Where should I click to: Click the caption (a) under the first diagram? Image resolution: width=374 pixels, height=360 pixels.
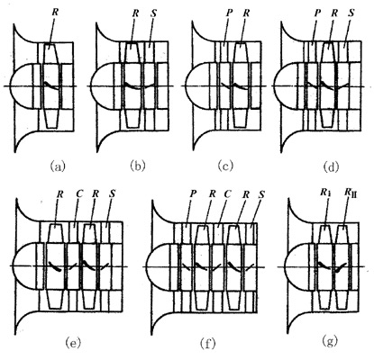(x=58, y=166)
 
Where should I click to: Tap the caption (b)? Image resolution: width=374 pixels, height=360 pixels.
(x=138, y=166)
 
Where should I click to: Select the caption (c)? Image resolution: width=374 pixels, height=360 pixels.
(x=226, y=166)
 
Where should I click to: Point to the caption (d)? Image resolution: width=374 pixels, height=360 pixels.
(x=331, y=166)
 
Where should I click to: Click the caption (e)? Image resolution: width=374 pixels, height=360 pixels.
(x=73, y=342)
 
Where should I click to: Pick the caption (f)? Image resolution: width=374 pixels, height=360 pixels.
(x=208, y=342)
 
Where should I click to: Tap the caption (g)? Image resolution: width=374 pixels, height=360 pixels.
(x=330, y=341)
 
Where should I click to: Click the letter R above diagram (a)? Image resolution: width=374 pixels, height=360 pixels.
(x=55, y=13)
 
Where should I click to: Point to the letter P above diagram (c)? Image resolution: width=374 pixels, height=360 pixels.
(x=227, y=13)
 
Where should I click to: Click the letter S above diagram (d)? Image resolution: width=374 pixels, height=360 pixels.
(x=351, y=13)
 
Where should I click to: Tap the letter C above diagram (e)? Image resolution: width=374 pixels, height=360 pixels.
(x=78, y=193)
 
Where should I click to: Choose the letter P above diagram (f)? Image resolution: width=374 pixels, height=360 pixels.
(x=193, y=193)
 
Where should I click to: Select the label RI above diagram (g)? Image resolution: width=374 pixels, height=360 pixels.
(x=324, y=193)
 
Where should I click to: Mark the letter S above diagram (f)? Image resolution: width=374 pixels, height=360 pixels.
(x=261, y=194)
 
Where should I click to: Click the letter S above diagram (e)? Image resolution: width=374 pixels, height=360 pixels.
(x=112, y=193)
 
